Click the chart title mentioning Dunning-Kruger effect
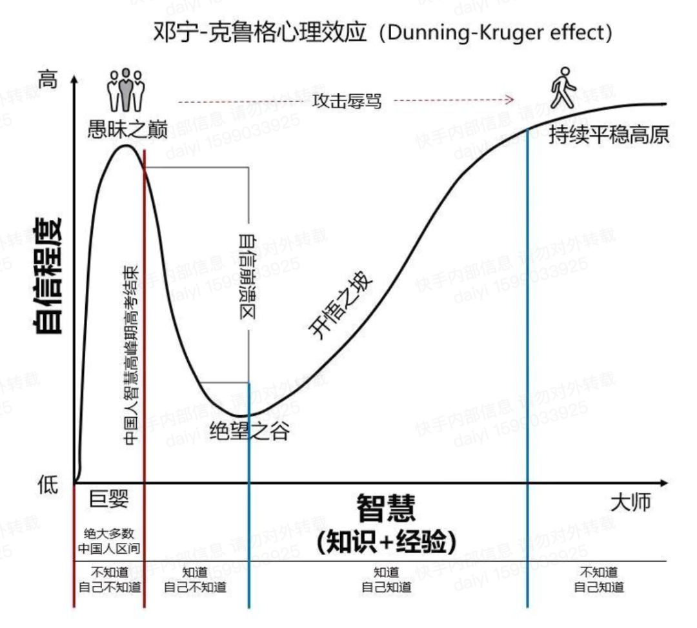[x=383, y=32]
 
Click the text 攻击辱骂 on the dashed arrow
[x=347, y=101]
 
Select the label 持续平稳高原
[x=609, y=134]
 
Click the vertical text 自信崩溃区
[x=247, y=278]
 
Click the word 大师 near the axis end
[x=631, y=502]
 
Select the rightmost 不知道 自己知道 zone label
[x=599, y=580]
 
